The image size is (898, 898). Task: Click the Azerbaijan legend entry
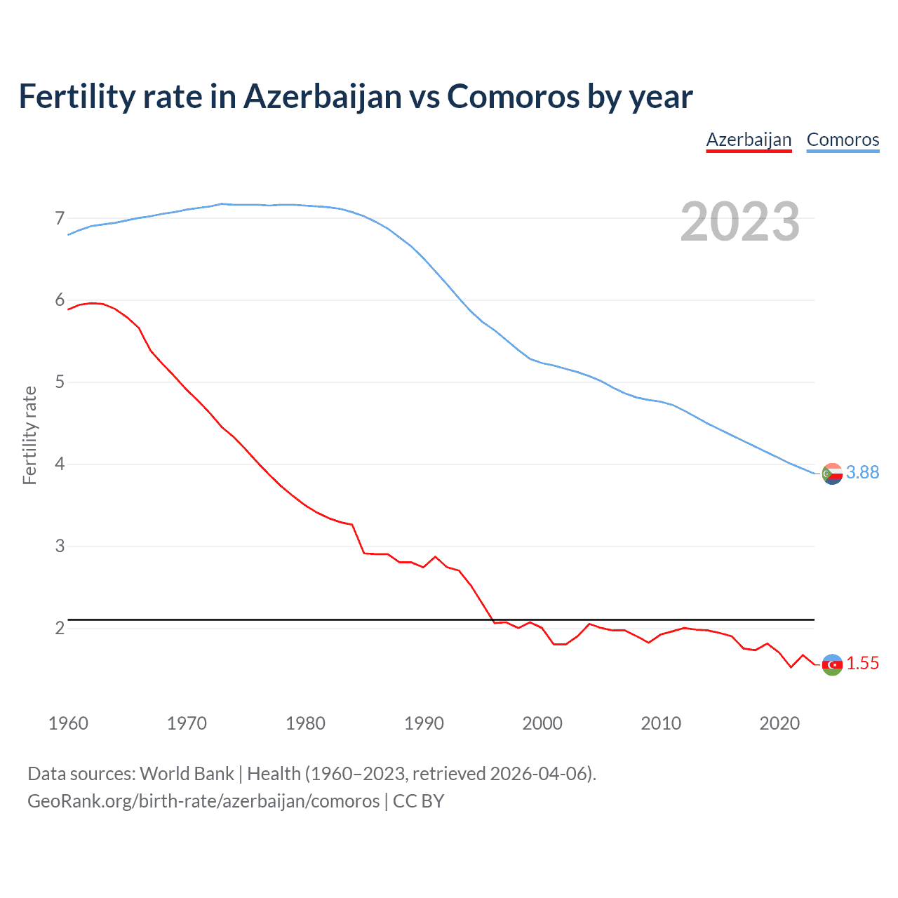pyautogui.click(x=749, y=140)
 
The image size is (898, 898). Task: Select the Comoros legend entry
pyautogui.click(x=843, y=140)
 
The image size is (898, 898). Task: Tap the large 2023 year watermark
pyautogui.click(x=739, y=222)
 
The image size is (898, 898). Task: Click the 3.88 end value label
pyautogui.click(x=862, y=472)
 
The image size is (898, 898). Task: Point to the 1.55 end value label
pyautogui.click(x=862, y=663)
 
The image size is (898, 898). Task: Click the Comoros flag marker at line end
pyautogui.click(x=832, y=474)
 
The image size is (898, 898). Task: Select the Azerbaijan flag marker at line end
pyautogui.click(x=832, y=664)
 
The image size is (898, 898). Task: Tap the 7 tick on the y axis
pyautogui.click(x=60, y=218)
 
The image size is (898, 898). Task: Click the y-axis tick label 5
pyautogui.click(x=60, y=382)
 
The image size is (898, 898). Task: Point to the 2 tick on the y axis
pyautogui.click(x=60, y=628)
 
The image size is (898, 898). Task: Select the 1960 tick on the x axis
pyautogui.click(x=68, y=723)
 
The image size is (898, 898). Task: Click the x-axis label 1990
pyautogui.click(x=424, y=723)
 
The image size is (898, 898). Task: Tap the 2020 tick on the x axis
pyautogui.click(x=779, y=723)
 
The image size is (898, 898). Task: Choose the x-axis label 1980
pyautogui.click(x=305, y=723)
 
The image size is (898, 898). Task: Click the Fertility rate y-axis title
pyautogui.click(x=29, y=435)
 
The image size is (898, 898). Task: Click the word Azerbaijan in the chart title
pyautogui.click(x=322, y=96)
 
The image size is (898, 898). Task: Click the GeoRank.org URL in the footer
pyautogui.click(x=203, y=801)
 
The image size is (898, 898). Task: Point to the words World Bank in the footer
pyautogui.click(x=187, y=774)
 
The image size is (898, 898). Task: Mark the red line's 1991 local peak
pyautogui.click(x=435, y=556)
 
